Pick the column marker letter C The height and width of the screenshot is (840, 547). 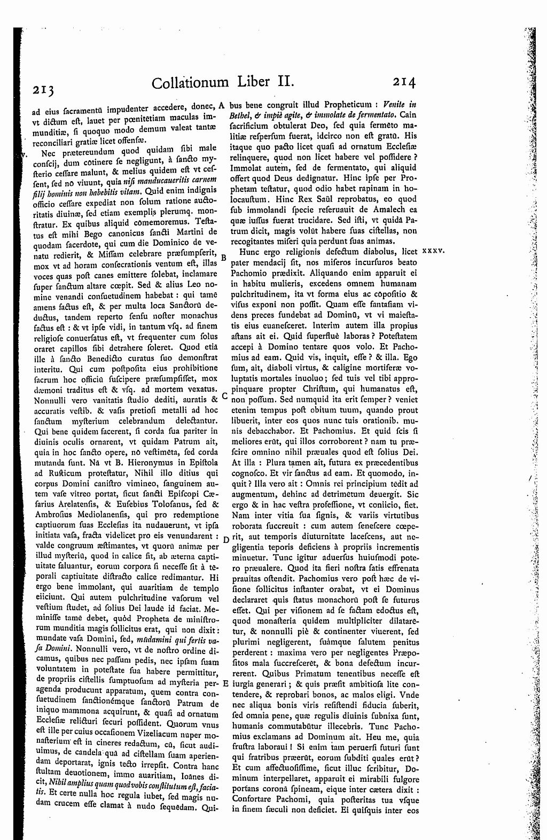[x=225, y=398]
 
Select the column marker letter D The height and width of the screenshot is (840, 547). [x=225, y=540]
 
